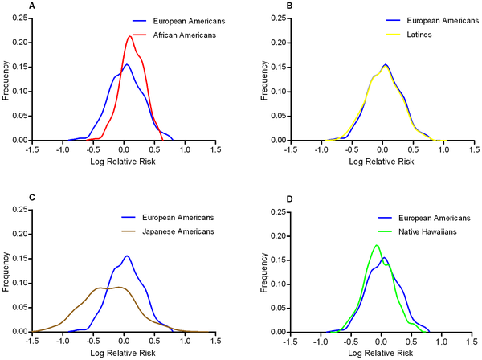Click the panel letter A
[8, 6]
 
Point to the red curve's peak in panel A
[130, 36]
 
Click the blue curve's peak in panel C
[126, 256]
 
